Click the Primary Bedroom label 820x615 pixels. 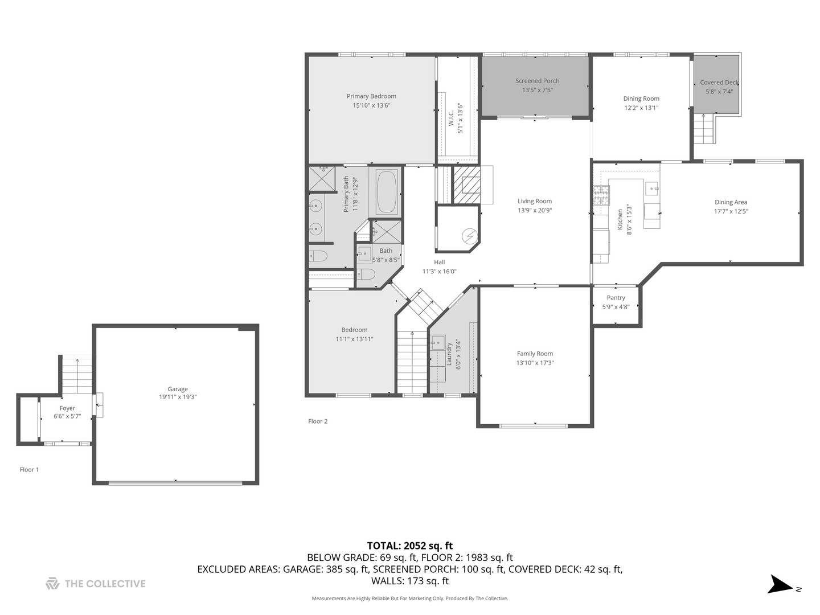pyautogui.click(x=371, y=96)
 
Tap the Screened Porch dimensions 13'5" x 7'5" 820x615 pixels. pyautogui.click(x=537, y=90)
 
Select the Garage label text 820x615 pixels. pyautogui.click(x=178, y=389)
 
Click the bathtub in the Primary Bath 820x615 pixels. pyautogui.click(x=386, y=191)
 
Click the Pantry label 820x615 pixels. pyautogui.click(x=616, y=298)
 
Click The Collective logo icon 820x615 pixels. pyautogui.click(x=52, y=584)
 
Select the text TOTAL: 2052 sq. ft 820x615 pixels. pyautogui.click(x=409, y=546)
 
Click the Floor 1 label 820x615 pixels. pyautogui.click(x=29, y=470)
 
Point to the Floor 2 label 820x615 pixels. pyautogui.click(x=318, y=421)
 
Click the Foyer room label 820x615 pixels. pyautogui.click(x=67, y=408)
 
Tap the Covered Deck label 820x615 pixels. pyautogui.click(x=719, y=83)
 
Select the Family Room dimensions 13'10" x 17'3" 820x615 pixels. pyautogui.click(x=535, y=363)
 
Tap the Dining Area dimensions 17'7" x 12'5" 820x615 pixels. pyautogui.click(x=731, y=211)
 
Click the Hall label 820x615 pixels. pyautogui.click(x=439, y=262)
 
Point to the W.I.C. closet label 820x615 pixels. pyautogui.click(x=451, y=118)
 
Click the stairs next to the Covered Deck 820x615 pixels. pyautogui.click(x=704, y=129)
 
